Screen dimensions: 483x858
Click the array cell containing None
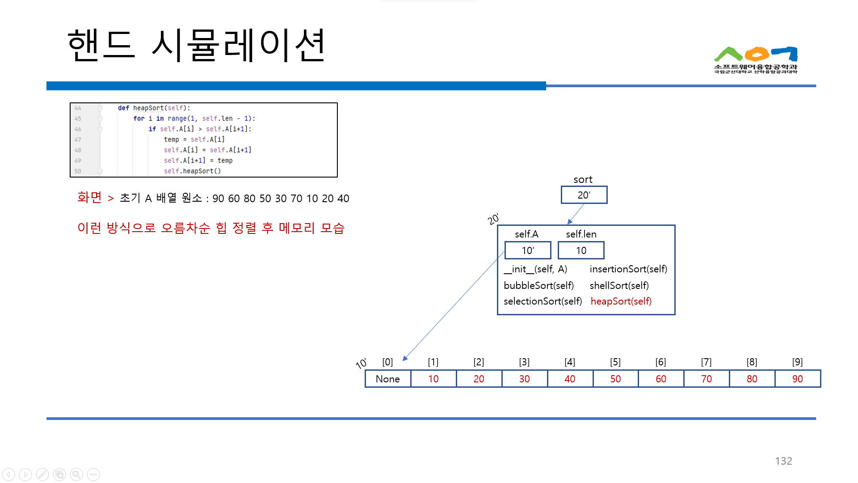click(x=387, y=379)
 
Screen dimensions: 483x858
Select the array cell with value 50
click(x=615, y=379)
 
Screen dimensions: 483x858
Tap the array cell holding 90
click(x=797, y=379)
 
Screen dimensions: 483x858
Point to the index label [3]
click(x=524, y=362)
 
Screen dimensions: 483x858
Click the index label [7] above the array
click(x=706, y=362)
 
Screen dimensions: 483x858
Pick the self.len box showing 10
click(x=581, y=250)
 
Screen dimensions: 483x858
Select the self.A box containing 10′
click(x=528, y=250)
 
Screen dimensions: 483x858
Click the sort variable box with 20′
click(x=584, y=195)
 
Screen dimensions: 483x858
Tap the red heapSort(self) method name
click(x=621, y=301)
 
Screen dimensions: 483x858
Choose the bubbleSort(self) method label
click(x=538, y=285)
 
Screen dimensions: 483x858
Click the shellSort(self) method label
click(x=619, y=285)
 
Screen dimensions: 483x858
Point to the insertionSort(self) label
click(x=628, y=269)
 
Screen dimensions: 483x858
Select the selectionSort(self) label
click(x=543, y=301)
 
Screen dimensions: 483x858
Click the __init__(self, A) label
click(x=535, y=269)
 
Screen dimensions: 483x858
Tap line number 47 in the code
click(x=78, y=140)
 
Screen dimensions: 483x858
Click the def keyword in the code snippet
click(x=123, y=108)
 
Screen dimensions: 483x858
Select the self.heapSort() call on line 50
click(x=192, y=171)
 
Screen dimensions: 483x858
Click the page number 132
click(x=783, y=461)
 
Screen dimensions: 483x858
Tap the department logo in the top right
click(x=755, y=60)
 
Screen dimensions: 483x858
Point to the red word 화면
click(x=89, y=197)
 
